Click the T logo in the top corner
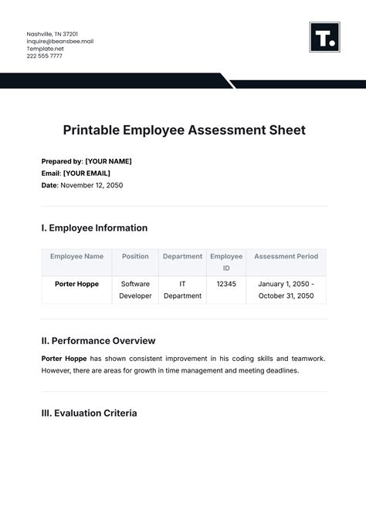coord(324,37)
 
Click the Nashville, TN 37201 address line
coord(52,34)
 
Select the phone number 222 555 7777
coord(45,56)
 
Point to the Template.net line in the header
coord(47,48)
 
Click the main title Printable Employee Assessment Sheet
coord(183,130)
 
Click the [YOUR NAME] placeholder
coord(108,161)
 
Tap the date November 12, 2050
coord(91,185)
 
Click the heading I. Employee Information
coord(94,228)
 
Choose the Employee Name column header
coord(76,256)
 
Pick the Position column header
coord(135,256)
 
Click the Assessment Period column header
coord(286,256)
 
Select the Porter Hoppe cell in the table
coord(76,284)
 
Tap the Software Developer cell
coord(135,289)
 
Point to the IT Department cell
coord(183,289)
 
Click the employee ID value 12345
coord(225,284)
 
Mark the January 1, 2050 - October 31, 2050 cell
coord(286,289)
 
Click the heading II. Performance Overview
coord(98,340)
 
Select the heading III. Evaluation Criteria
coord(89,413)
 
